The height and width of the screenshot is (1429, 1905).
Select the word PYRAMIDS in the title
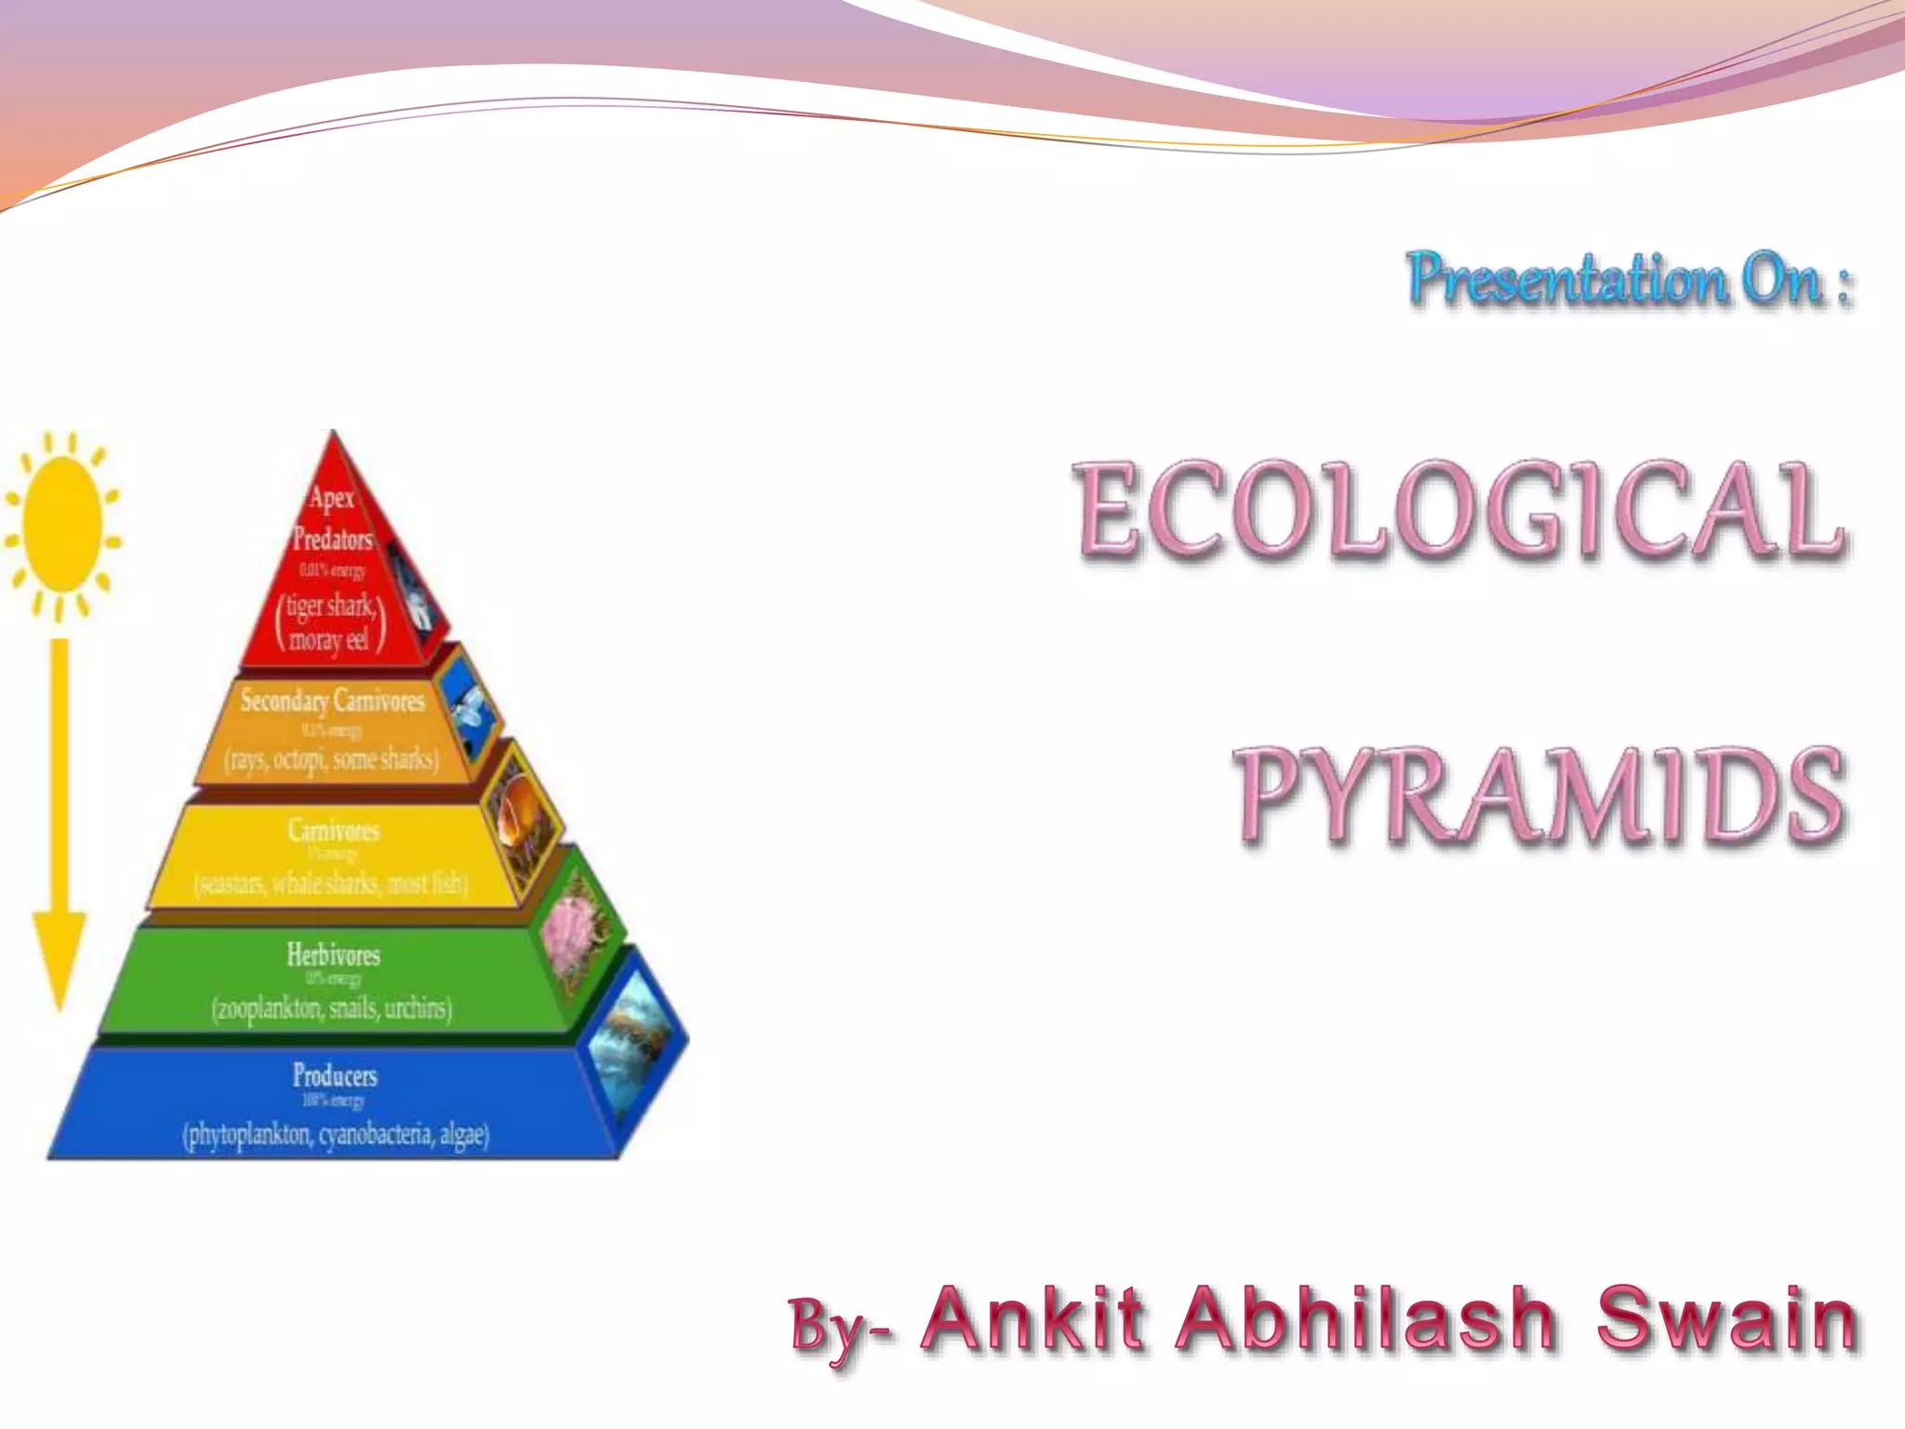point(1539,795)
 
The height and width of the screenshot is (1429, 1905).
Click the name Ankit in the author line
point(1032,1318)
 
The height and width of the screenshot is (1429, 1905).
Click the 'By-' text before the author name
point(842,1326)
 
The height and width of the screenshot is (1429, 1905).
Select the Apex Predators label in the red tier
point(332,518)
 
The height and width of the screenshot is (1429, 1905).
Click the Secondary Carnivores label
point(332,700)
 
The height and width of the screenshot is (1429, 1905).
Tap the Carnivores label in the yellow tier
point(333,830)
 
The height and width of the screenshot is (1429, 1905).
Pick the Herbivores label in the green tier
point(333,955)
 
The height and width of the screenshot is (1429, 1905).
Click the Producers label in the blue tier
point(335,1075)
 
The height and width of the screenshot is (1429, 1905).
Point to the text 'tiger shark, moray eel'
point(330,622)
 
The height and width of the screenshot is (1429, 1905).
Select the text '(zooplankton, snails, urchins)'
point(331,1008)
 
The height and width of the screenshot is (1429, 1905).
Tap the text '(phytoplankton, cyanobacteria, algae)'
point(335,1135)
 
